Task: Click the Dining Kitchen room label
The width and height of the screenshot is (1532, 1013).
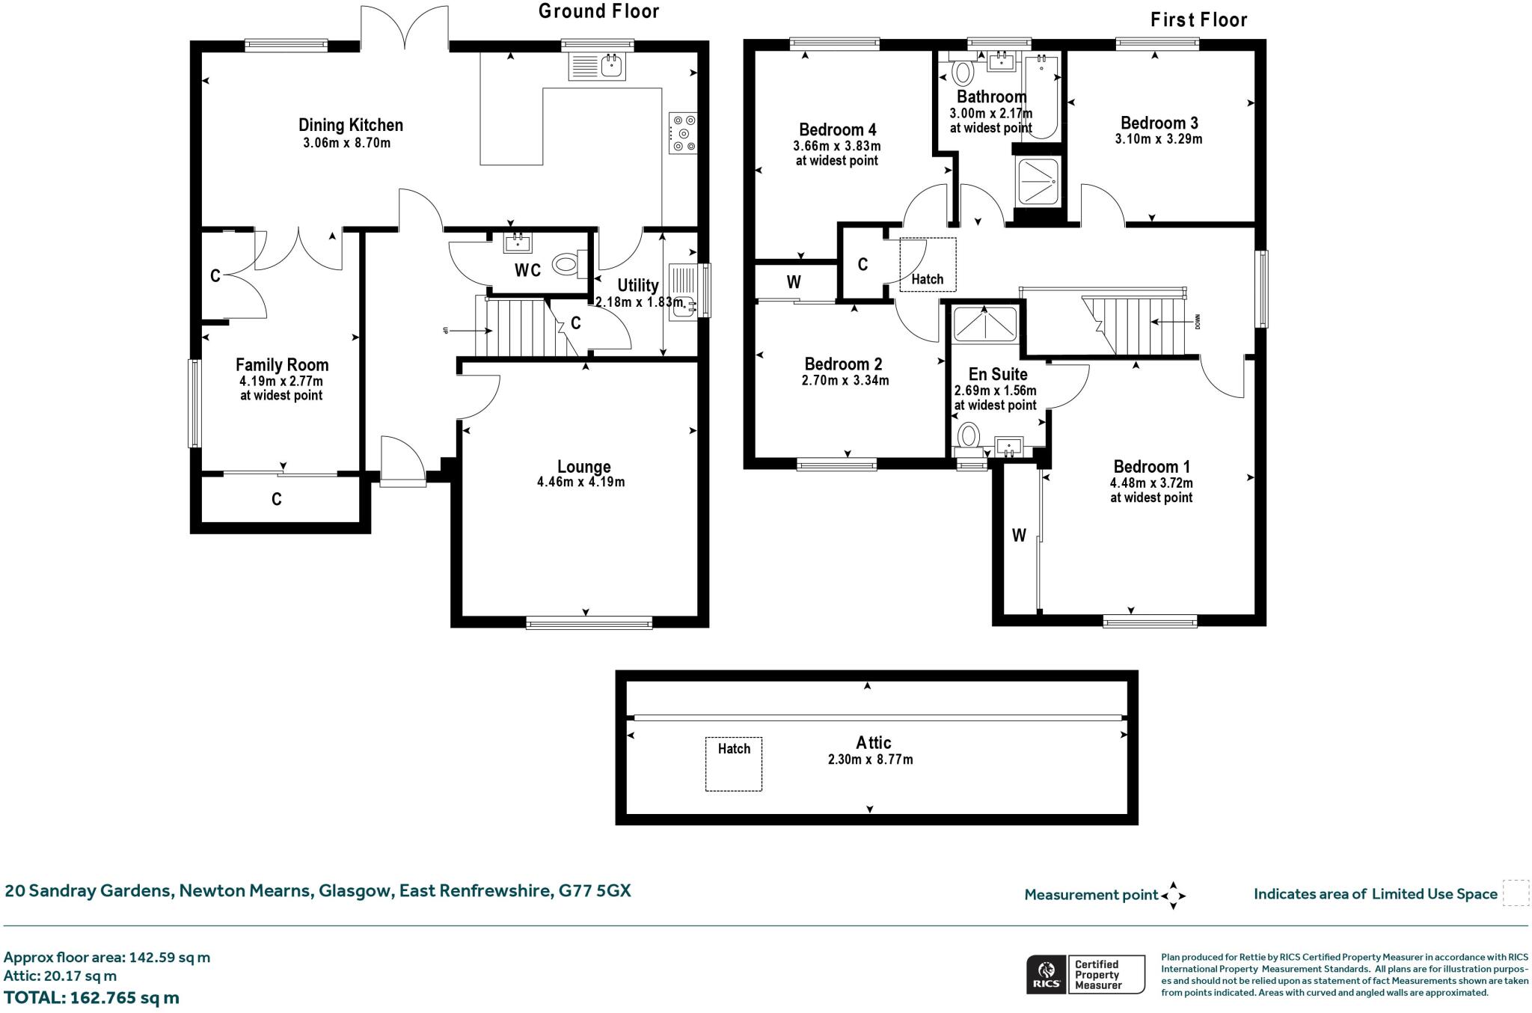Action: pyautogui.click(x=350, y=125)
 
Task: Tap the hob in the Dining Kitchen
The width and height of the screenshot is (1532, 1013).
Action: pyautogui.click(x=682, y=133)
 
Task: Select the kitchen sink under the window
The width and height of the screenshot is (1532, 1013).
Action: pyautogui.click(x=597, y=65)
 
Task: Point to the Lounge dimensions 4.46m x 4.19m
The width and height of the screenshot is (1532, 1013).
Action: pyautogui.click(x=580, y=483)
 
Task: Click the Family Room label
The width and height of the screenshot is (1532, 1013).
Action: pyautogui.click(x=282, y=365)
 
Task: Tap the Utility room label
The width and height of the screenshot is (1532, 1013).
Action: pyautogui.click(x=637, y=285)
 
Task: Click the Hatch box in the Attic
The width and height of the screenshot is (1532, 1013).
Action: pyautogui.click(x=733, y=764)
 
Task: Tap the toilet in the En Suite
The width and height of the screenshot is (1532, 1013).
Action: pyautogui.click(x=969, y=435)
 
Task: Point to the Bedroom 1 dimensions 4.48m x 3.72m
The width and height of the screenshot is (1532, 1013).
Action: pyautogui.click(x=1151, y=483)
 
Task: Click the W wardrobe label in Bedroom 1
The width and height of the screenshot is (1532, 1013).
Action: pyautogui.click(x=1018, y=535)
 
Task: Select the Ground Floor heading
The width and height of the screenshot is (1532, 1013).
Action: pyautogui.click(x=598, y=11)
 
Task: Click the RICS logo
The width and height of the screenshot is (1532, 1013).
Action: pyautogui.click(x=1047, y=974)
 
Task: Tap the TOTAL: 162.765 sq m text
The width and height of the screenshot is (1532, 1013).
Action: pyautogui.click(x=91, y=997)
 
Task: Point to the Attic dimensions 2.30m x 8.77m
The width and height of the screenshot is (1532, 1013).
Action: pyautogui.click(x=870, y=759)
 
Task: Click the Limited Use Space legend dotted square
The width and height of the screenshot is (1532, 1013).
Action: pyautogui.click(x=1516, y=893)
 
